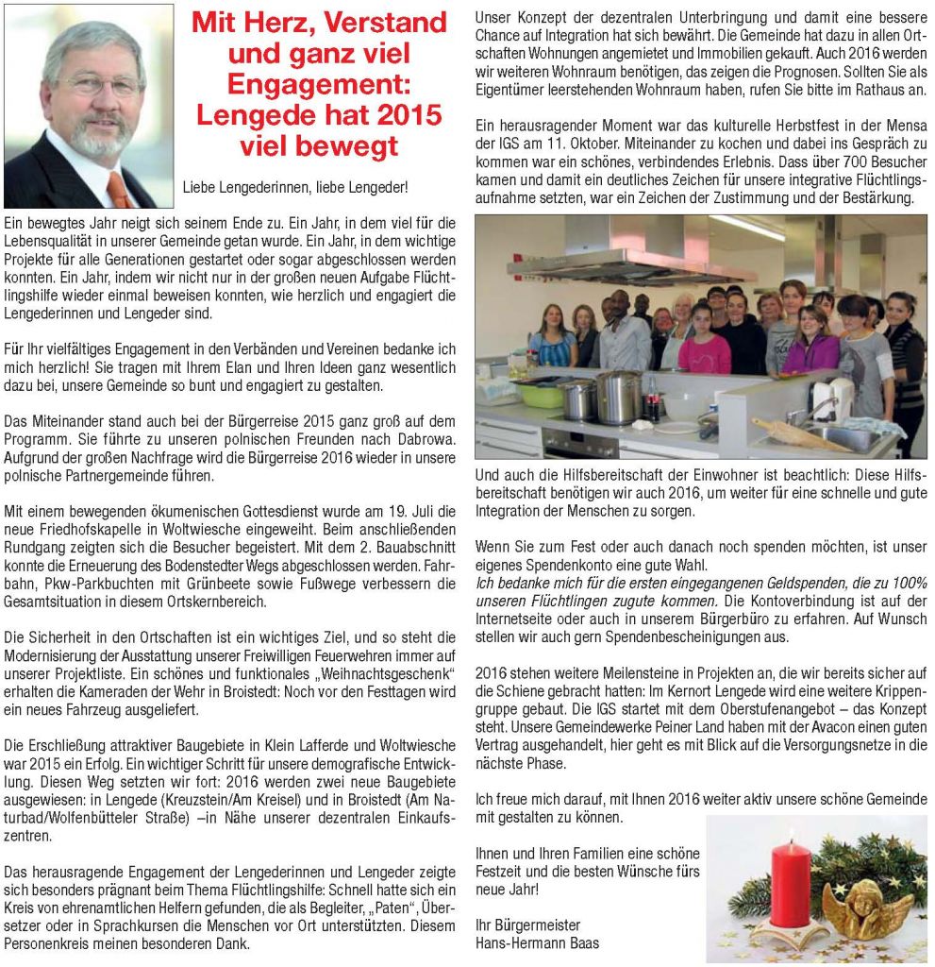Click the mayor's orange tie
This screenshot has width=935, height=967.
(118, 189)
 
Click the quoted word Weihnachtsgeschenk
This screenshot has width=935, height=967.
(387, 672)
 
